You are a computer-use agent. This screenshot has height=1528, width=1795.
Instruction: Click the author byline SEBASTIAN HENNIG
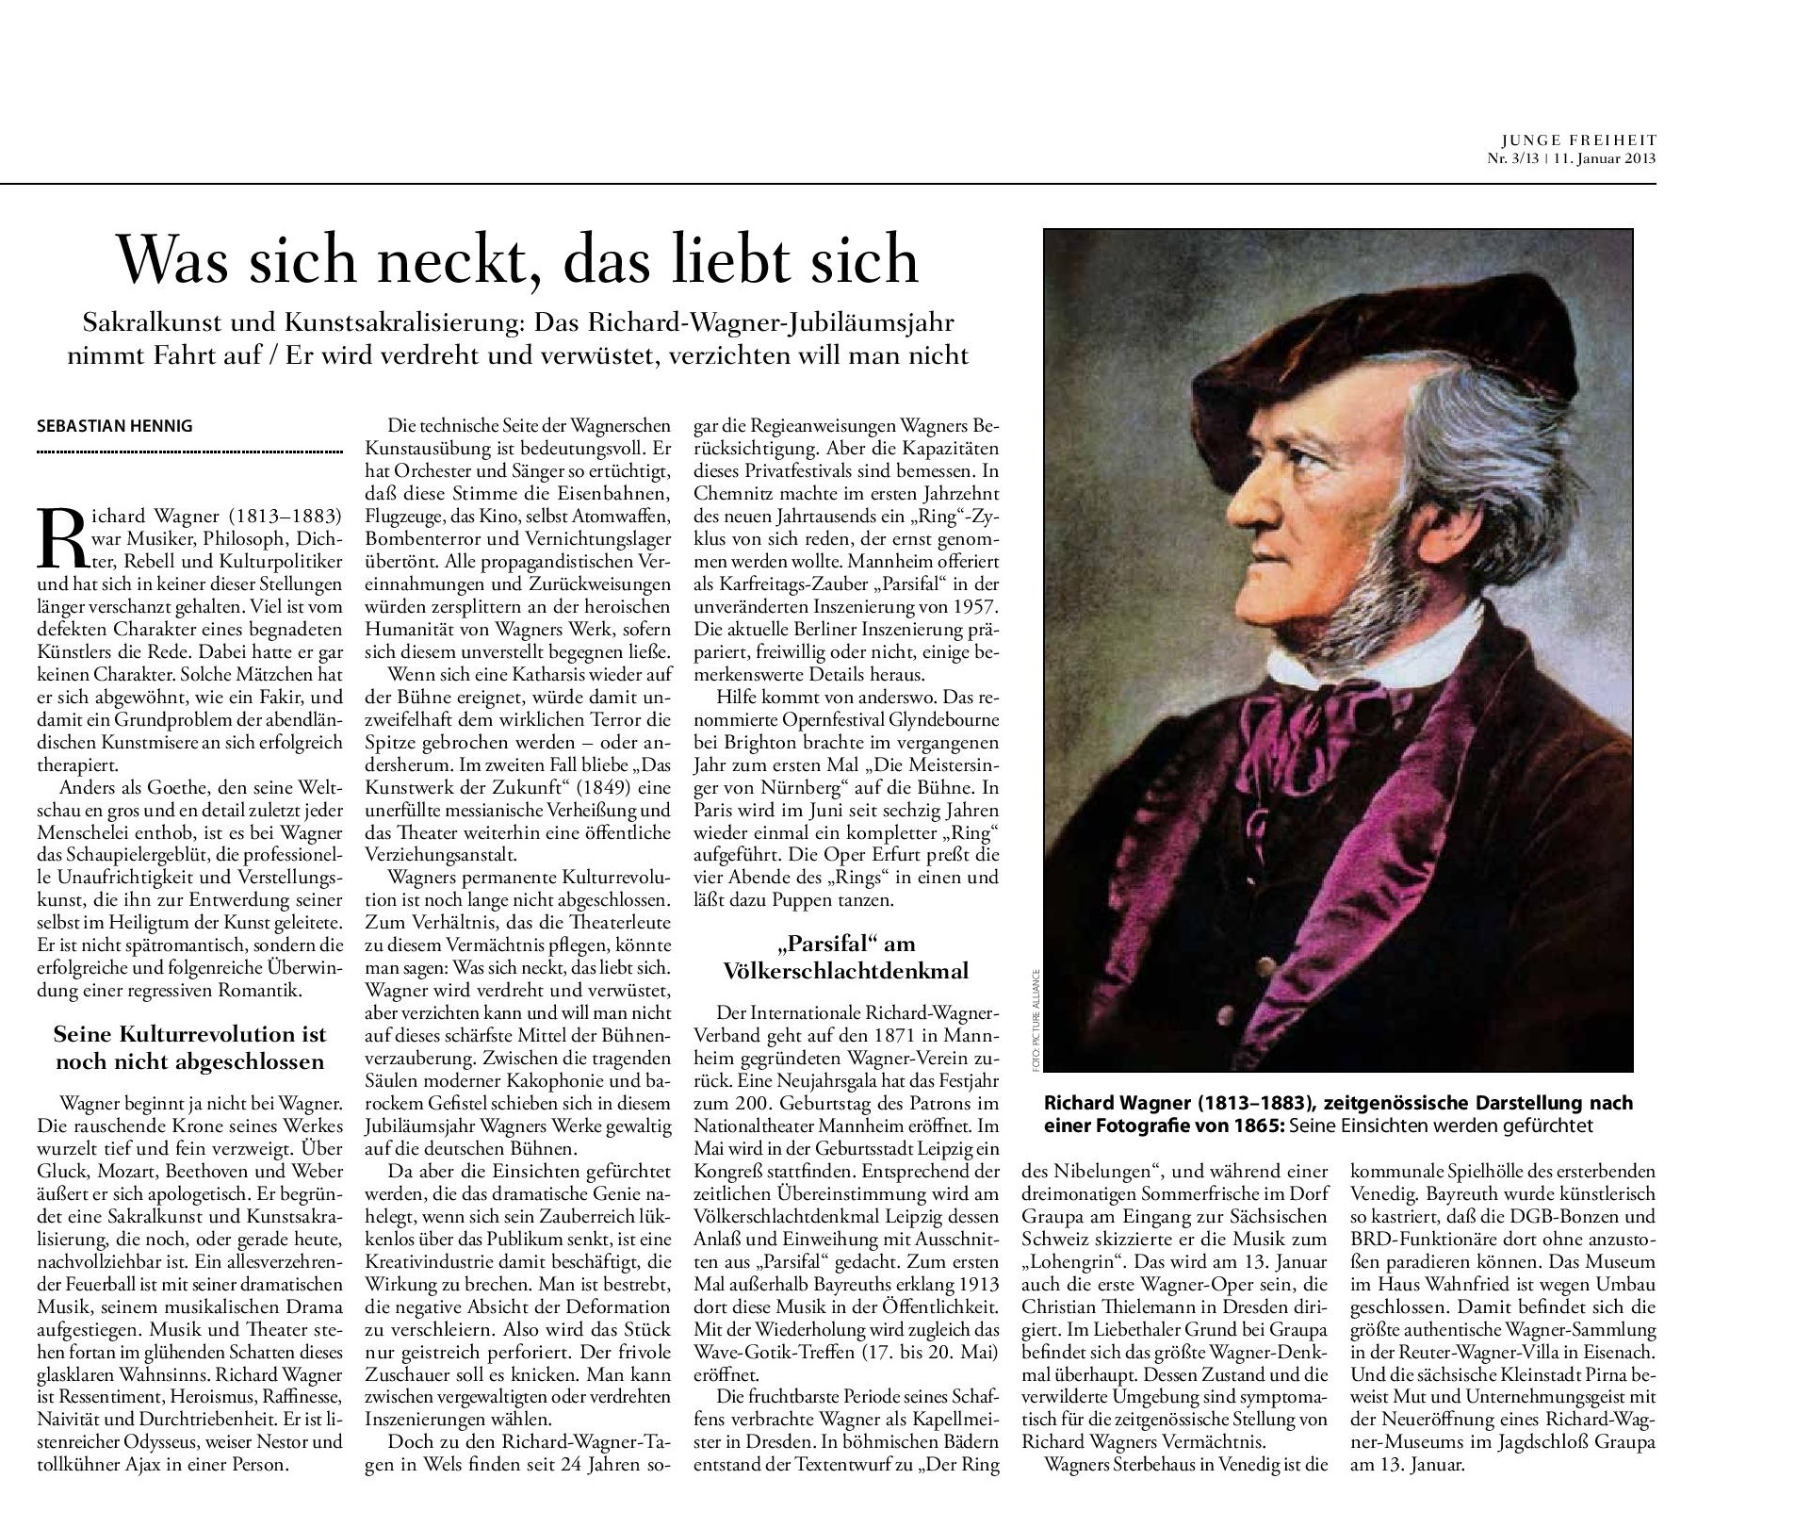pyautogui.click(x=114, y=426)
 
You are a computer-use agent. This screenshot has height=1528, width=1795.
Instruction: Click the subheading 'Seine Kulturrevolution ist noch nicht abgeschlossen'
pyautogui.click(x=189, y=1047)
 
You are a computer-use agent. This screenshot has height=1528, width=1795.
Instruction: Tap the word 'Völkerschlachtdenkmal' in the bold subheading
pyautogui.click(x=845, y=971)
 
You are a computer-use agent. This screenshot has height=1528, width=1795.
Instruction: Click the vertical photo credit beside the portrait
pyautogui.click(x=1034, y=1018)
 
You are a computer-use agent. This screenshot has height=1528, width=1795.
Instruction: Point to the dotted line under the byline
pyautogui.click(x=189, y=452)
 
